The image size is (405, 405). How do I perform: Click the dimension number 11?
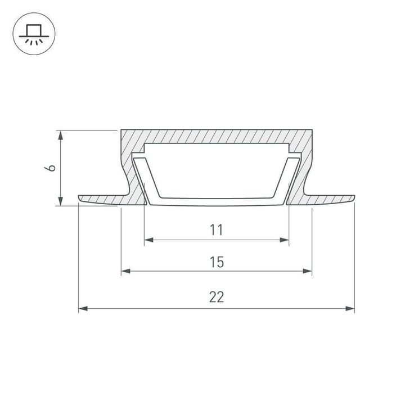tap(216, 229)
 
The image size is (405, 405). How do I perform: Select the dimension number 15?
tap(217, 262)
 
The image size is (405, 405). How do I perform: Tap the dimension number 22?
tap(217, 297)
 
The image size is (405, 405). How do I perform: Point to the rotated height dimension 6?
tap(50, 168)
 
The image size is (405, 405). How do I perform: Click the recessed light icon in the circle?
tap(34, 34)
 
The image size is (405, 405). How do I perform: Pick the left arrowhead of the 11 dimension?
tap(148, 240)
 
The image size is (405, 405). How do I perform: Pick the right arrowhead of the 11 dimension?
tap(284, 240)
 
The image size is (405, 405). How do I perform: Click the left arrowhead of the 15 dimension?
tap(126, 271)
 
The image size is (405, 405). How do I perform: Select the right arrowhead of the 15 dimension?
tap(307, 271)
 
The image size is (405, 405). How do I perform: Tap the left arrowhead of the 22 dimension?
tap(83, 308)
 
